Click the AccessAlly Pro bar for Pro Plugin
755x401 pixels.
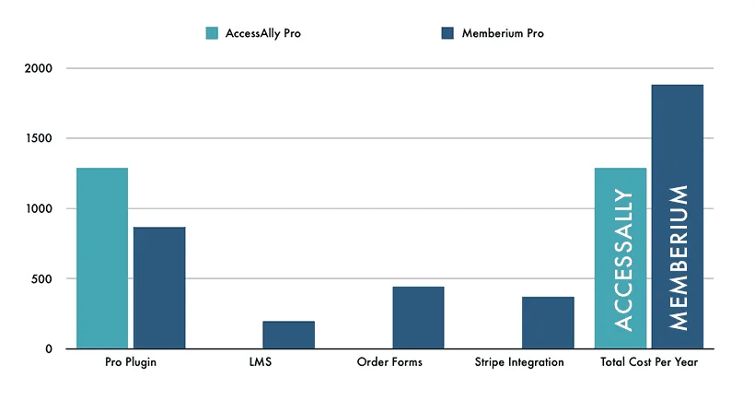[x=102, y=258]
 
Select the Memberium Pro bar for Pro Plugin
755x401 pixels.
[x=159, y=288]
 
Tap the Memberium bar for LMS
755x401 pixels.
[x=289, y=335]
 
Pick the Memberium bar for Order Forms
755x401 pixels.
[x=418, y=317]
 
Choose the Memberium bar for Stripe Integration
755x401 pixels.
[x=548, y=323]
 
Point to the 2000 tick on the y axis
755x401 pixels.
[x=39, y=69]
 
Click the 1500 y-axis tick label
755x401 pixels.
[x=39, y=139]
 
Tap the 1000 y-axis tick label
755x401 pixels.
[x=39, y=209]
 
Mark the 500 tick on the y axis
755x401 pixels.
[x=42, y=279]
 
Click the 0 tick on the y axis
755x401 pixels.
[x=49, y=349]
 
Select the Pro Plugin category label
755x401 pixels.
[x=131, y=362]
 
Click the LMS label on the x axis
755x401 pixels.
[x=261, y=362]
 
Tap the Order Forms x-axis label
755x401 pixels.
[x=389, y=362]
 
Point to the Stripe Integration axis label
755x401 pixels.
[x=519, y=362]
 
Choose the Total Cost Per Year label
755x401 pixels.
[x=649, y=362]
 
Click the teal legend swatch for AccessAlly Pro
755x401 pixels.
[x=212, y=33]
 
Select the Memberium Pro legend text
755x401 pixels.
[x=502, y=33]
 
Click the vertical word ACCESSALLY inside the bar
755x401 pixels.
[x=622, y=260]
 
